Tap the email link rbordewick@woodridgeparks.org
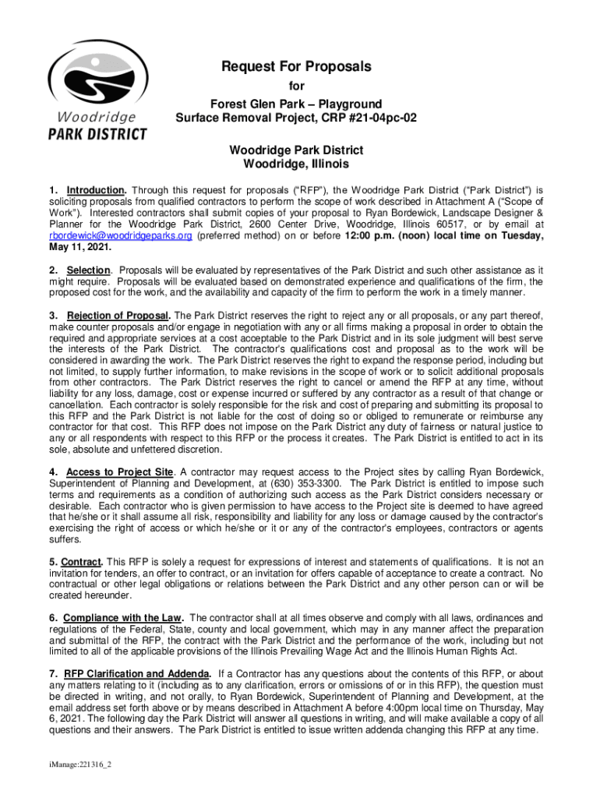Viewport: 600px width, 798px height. (120, 235)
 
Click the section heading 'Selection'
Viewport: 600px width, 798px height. (88, 270)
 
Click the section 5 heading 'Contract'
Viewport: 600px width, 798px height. (81, 562)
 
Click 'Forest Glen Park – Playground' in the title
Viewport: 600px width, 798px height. (296, 104)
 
